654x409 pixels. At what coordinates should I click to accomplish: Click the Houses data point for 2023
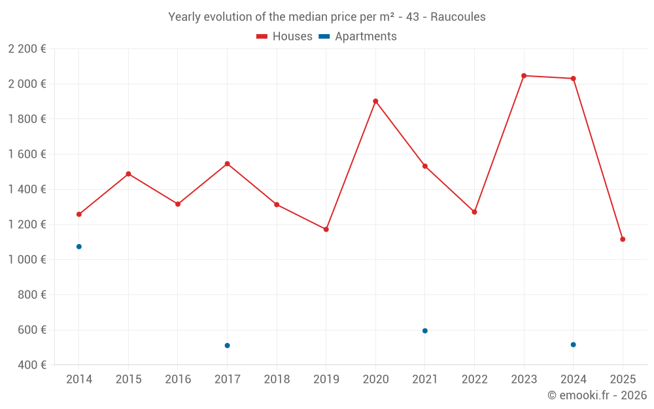coord(524,76)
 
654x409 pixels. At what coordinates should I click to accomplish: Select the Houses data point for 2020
coord(375,101)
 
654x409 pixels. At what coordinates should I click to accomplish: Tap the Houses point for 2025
coord(623,240)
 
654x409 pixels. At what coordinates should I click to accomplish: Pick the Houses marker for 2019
coord(326,230)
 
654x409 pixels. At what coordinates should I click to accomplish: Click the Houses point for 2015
coord(128,174)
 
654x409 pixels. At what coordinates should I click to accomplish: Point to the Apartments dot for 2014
coord(79,247)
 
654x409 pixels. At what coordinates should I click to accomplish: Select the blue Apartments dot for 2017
coord(227,346)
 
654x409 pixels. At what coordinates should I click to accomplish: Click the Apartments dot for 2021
coord(425,331)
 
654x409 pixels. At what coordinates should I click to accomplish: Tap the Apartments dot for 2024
coord(574,345)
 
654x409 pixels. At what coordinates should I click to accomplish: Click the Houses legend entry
coord(284,37)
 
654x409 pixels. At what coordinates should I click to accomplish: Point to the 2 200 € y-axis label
coord(27,49)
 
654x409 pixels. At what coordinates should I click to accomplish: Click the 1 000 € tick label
coord(27,260)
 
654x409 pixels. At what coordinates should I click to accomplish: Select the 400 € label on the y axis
coord(31,365)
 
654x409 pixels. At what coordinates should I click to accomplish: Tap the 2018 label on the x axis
coord(277,380)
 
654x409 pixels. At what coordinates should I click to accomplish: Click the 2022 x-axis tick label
coord(474,380)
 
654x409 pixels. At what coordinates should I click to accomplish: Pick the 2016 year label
coord(178,380)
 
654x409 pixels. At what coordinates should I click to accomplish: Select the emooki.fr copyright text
coord(597,395)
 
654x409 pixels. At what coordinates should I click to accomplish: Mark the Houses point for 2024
coord(574,79)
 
